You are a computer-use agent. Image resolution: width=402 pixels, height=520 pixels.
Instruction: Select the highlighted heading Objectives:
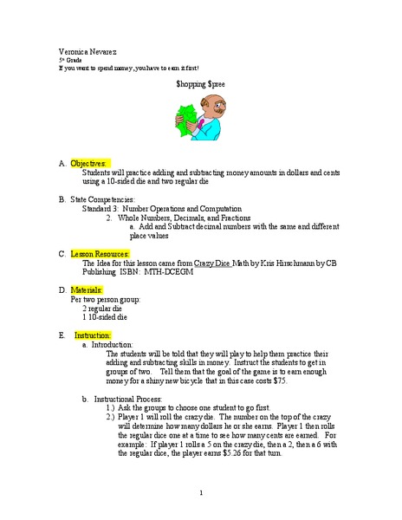click(89, 163)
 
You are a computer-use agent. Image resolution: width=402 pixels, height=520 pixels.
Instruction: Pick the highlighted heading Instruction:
click(92, 335)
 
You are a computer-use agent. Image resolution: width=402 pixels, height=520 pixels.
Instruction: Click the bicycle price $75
click(279, 380)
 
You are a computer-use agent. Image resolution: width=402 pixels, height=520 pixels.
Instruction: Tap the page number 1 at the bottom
click(200, 493)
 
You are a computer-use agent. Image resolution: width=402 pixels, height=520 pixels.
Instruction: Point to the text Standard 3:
click(100, 209)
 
